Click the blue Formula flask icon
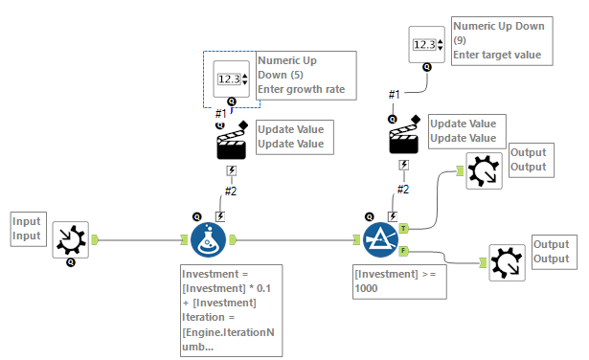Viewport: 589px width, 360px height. click(208, 240)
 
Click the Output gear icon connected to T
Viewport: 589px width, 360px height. click(484, 169)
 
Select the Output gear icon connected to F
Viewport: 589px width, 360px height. click(508, 261)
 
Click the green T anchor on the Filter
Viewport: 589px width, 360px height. click(404, 229)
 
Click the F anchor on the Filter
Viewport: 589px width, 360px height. click(404, 251)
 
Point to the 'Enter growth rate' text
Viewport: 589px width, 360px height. click(301, 91)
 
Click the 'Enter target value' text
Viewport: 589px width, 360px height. click(497, 56)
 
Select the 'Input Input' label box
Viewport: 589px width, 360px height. click(28, 228)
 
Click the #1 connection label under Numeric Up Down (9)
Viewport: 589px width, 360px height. click(394, 93)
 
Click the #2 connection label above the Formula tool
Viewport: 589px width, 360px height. click(230, 191)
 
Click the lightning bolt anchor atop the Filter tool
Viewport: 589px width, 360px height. click(393, 216)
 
